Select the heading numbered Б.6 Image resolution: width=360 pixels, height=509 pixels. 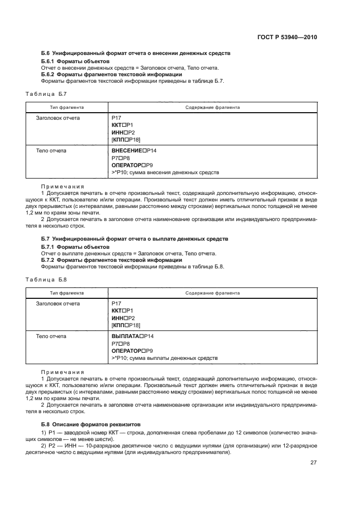pos(136,53)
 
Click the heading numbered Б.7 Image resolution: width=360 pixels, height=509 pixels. pos(135,239)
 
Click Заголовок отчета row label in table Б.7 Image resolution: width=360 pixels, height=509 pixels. pos(58,118)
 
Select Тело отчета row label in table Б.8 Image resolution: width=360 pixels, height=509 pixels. pos(51,336)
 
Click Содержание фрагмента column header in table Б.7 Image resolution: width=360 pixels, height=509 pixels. pos(212,107)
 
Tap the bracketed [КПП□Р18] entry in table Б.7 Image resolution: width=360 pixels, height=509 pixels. pos(126,140)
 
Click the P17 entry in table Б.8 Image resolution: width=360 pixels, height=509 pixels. pos(116,303)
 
